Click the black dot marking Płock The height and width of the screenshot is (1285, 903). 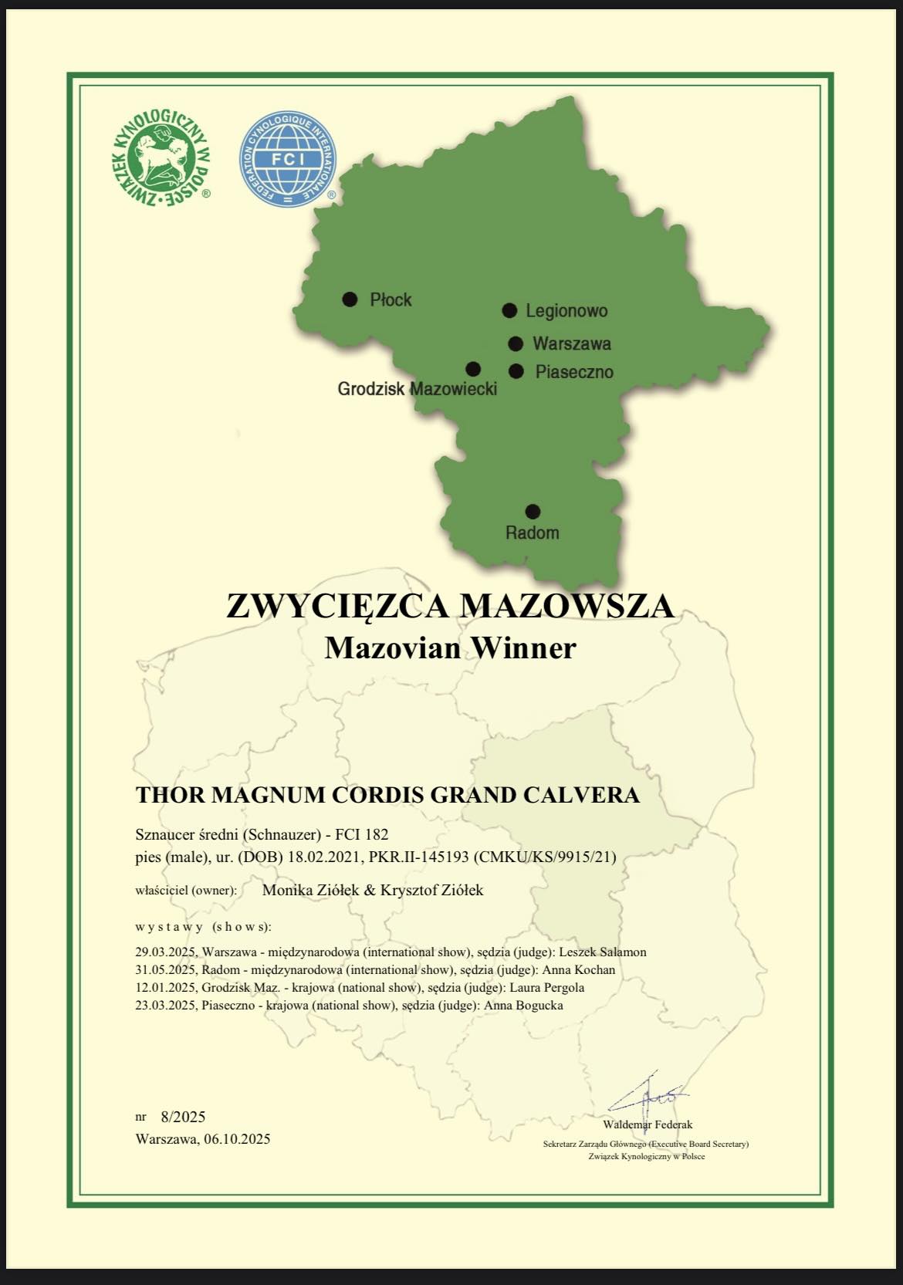[350, 299]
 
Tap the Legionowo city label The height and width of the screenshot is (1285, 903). [566, 311]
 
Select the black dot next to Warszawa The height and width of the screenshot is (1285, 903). [516, 343]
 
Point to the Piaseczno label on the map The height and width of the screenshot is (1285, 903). [574, 372]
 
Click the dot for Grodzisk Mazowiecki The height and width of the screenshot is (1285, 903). [473, 369]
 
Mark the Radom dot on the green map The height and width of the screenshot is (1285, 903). [533, 511]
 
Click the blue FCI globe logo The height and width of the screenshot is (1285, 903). [288, 159]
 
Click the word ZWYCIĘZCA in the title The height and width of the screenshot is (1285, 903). [338, 606]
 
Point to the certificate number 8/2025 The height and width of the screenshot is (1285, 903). [183, 1117]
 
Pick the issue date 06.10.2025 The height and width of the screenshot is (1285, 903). [237, 1139]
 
